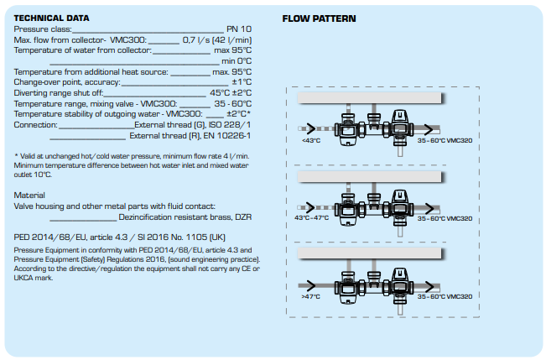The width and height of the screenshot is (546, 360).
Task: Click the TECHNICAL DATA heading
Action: pos(52,18)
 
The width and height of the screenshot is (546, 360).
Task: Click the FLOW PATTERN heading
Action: pos(319,18)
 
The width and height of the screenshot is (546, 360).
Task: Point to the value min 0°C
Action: pos(236,60)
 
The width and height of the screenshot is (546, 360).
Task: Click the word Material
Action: pos(29,195)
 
